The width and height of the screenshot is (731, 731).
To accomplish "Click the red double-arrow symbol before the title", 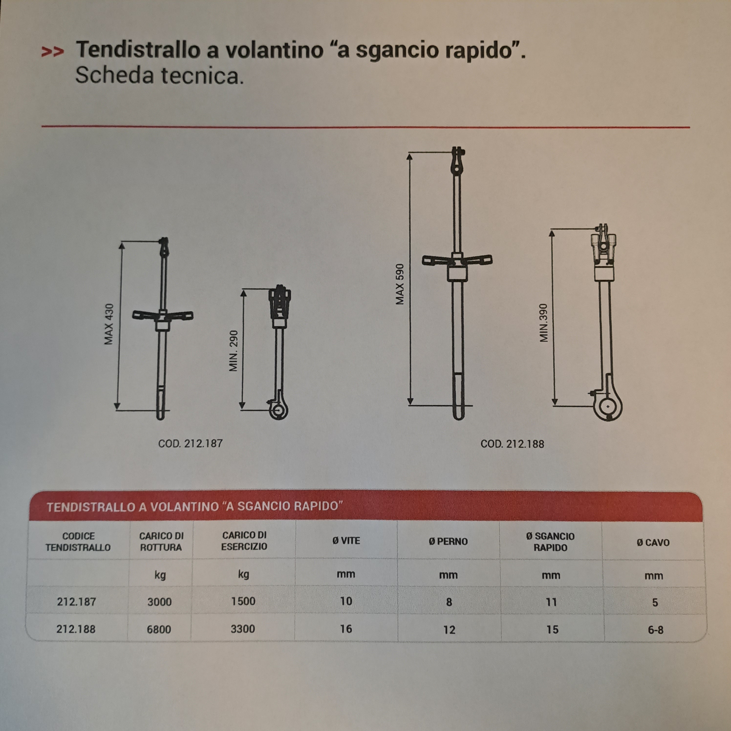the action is point(52,52).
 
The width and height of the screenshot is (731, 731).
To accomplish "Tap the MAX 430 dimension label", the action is point(108,324).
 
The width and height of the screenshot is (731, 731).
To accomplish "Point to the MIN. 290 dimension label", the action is point(234,351).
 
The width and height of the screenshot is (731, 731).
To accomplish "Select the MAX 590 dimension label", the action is point(399,284).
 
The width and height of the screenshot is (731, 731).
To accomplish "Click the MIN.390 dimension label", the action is point(543,323).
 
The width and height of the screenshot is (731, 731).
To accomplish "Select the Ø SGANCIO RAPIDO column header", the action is point(550,542).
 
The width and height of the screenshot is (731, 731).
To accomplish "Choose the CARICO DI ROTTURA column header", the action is point(161,541).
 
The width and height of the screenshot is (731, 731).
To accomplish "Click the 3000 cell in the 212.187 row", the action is point(159,602).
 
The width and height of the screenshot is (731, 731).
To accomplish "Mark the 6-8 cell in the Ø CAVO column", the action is point(655,630).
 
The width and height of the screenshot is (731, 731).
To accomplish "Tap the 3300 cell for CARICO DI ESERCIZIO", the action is point(243,629).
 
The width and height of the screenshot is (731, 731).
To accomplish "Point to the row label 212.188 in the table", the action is point(76,629).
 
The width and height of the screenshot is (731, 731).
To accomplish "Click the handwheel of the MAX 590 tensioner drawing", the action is point(457,260).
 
